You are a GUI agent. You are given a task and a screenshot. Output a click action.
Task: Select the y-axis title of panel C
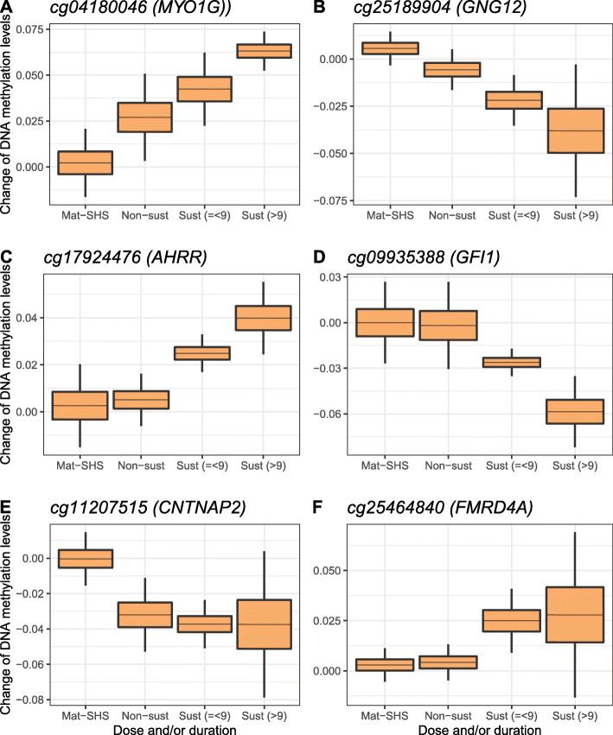(x=7, y=364)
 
